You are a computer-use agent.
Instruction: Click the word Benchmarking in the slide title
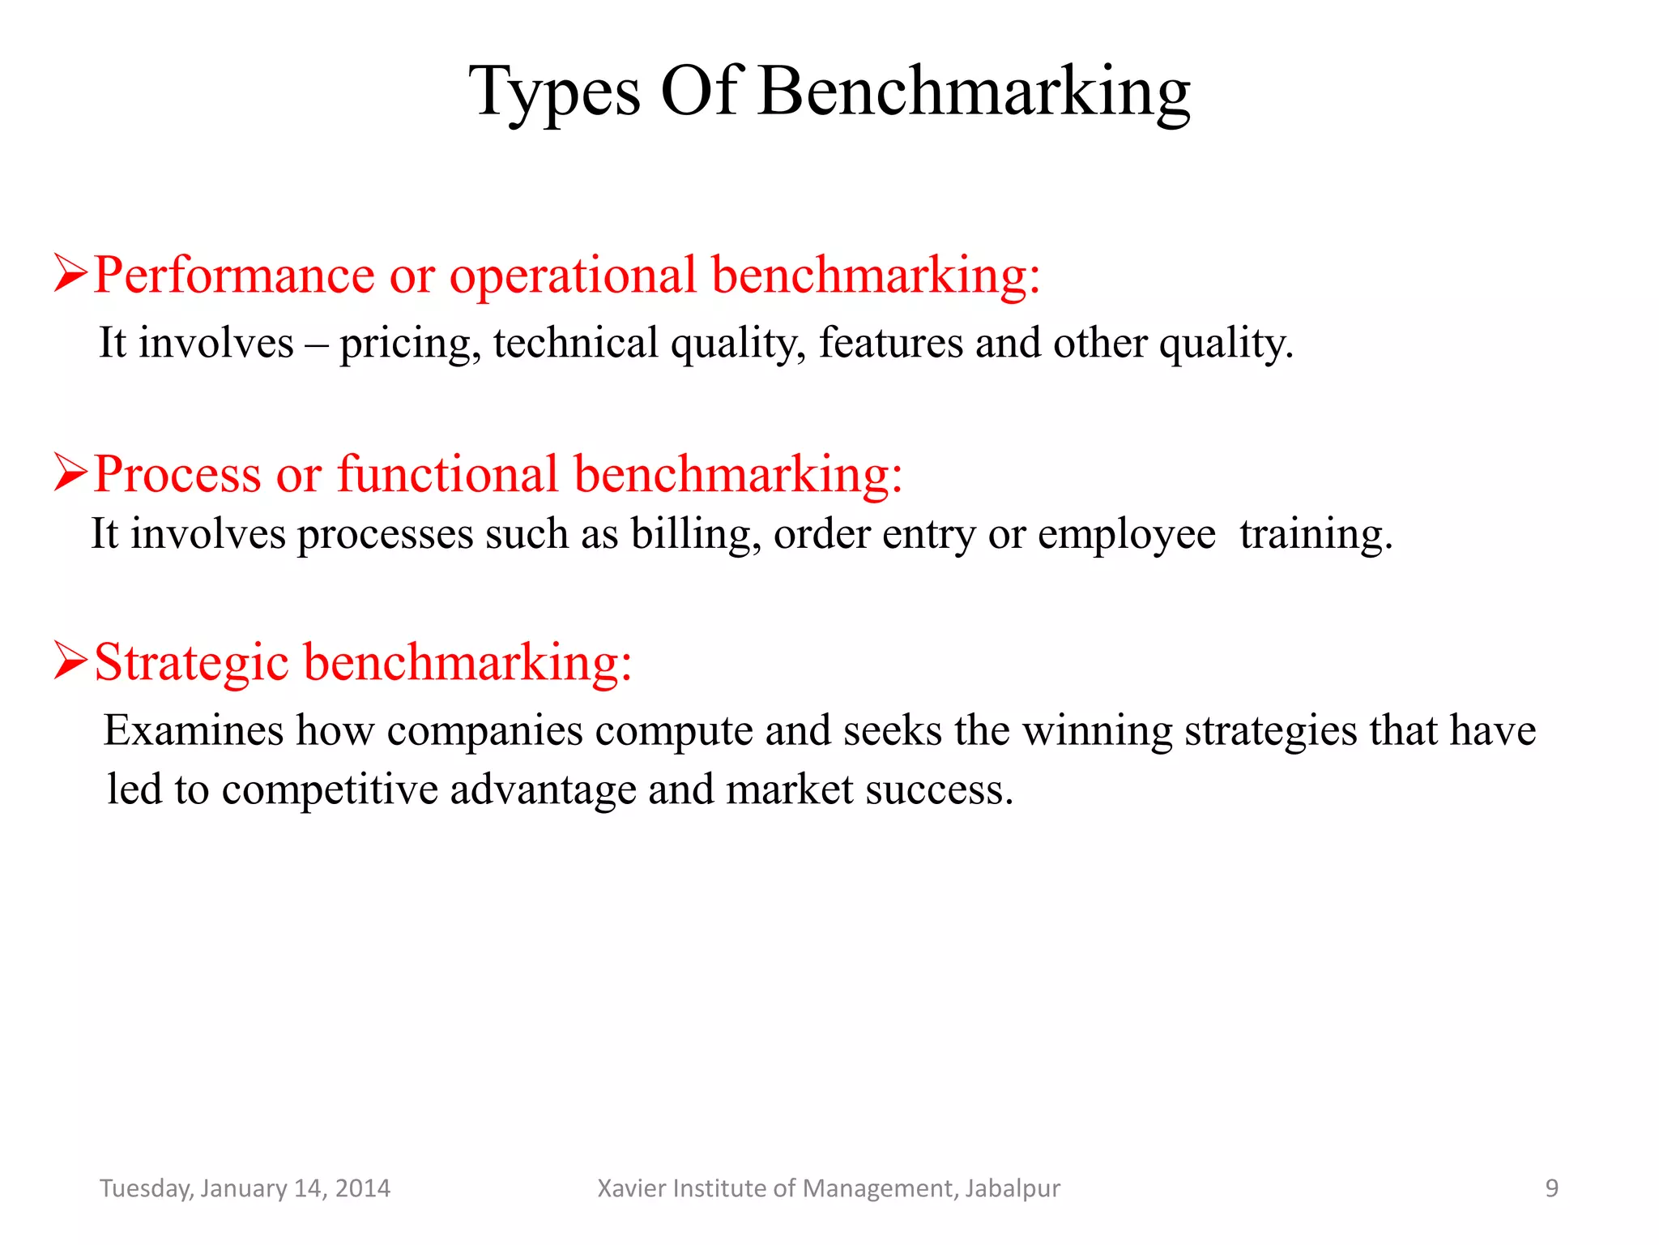[x=975, y=92]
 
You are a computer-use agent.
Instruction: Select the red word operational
[x=573, y=276]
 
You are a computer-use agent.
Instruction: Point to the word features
[x=890, y=342]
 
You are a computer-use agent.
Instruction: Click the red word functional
[x=447, y=473]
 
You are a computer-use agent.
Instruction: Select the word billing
[x=696, y=535]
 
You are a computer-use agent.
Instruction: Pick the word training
[x=1315, y=535]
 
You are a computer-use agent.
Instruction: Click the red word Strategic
[x=192, y=662]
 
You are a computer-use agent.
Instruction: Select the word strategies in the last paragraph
[x=1270, y=732]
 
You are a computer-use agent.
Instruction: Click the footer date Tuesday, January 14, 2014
[x=245, y=1188]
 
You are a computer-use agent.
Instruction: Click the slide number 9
[x=1551, y=1188]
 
